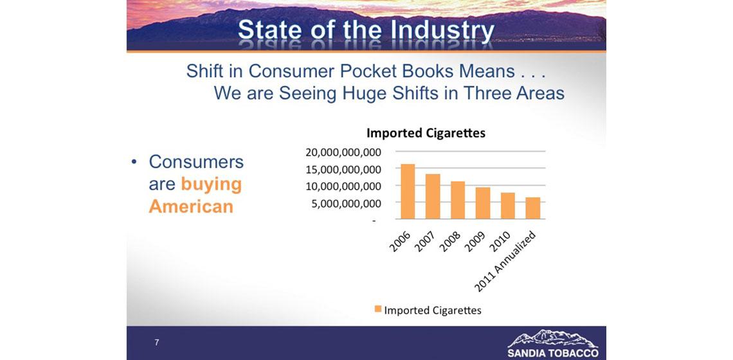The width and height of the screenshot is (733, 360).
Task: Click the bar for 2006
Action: click(408, 192)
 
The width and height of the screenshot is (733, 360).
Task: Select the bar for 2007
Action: click(433, 196)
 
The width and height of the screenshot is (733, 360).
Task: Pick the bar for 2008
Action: click(458, 200)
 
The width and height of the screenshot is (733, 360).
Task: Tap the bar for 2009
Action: click(483, 203)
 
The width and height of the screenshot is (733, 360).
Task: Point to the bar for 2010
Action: click(508, 206)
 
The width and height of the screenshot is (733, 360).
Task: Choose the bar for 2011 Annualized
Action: click(533, 208)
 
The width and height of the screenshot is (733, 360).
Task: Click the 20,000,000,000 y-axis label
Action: click(343, 152)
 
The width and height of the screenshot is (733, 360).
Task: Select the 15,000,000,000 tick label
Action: click(343, 169)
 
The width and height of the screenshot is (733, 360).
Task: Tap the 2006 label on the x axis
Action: click(400, 241)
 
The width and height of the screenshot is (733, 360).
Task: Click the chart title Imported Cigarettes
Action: click(426, 133)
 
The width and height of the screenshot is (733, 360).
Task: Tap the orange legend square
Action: click(377, 309)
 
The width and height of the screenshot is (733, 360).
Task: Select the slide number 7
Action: click(157, 343)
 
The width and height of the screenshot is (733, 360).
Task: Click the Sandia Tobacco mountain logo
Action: click(552, 338)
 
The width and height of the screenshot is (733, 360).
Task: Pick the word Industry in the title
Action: click(442, 32)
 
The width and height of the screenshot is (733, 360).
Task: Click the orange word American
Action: click(191, 206)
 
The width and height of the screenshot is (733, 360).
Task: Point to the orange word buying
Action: click(212, 184)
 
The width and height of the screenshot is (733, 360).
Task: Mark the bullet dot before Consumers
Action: click(134, 162)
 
